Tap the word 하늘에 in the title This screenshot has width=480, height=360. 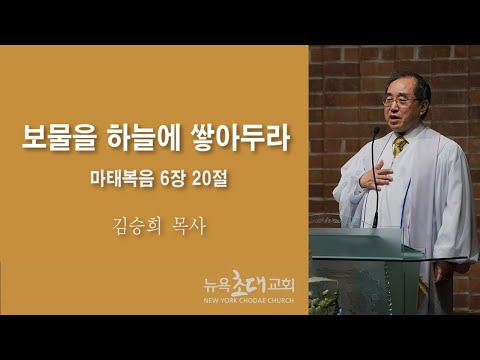coord(142,138)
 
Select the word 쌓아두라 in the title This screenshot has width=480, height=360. coord(240,138)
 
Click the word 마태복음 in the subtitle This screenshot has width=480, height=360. coord(122,180)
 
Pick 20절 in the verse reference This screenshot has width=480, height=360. coord(210,180)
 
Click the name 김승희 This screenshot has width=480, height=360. coord(137,227)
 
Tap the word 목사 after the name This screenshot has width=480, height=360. coord(188,227)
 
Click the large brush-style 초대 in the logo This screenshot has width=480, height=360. coord(248,282)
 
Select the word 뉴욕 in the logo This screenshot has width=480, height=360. coord(217,286)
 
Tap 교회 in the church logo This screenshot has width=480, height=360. coord(281,286)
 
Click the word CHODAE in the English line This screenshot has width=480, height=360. coord(250,300)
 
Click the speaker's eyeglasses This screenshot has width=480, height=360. coord(399,101)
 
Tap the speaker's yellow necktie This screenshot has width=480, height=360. coord(399,146)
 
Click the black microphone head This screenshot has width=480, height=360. coord(376,131)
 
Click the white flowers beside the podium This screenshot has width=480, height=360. coord(323,302)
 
